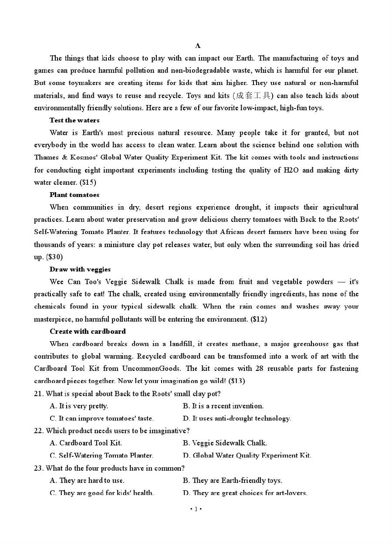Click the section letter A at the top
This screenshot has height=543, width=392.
tap(198, 46)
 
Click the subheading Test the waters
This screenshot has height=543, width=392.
tap(74, 120)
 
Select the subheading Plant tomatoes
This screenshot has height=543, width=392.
tap(74, 195)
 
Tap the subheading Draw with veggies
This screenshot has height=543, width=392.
tap(80, 269)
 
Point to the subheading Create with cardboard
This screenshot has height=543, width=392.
tap(88, 331)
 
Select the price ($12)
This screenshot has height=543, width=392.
tap(259, 319)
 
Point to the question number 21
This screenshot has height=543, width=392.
tap(38, 394)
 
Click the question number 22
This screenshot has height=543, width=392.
tap(38, 431)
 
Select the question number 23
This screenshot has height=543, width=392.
tap(38, 468)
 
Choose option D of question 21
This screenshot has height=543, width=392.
tap(237, 418)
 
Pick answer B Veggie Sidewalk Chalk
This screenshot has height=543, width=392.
tap(225, 443)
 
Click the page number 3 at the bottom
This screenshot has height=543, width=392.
tap(196, 509)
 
